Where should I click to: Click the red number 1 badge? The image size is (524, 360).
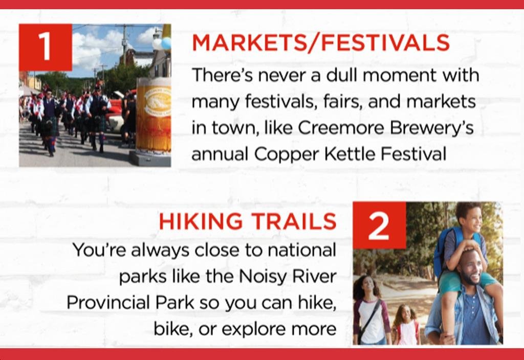(46, 48)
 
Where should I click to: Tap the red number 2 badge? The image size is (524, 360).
(379, 226)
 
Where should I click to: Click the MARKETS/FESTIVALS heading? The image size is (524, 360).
(321, 43)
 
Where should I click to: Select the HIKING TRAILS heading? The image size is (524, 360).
(248, 221)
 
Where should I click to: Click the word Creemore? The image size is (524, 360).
(340, 127)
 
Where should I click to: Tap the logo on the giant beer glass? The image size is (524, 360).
(157, 102)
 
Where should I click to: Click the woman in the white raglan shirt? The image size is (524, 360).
(371, 310)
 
